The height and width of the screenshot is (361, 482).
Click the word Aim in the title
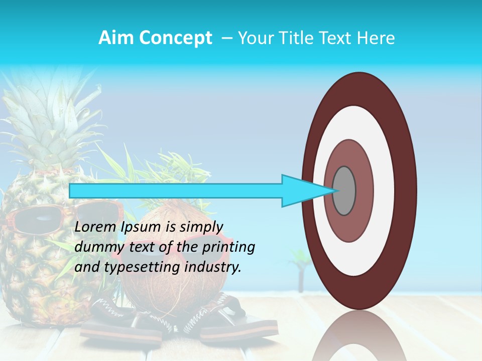tap(115, 38)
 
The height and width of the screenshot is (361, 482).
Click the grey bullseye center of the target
tap(344, 191)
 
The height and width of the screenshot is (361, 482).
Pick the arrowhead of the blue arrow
tap(306, 191)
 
